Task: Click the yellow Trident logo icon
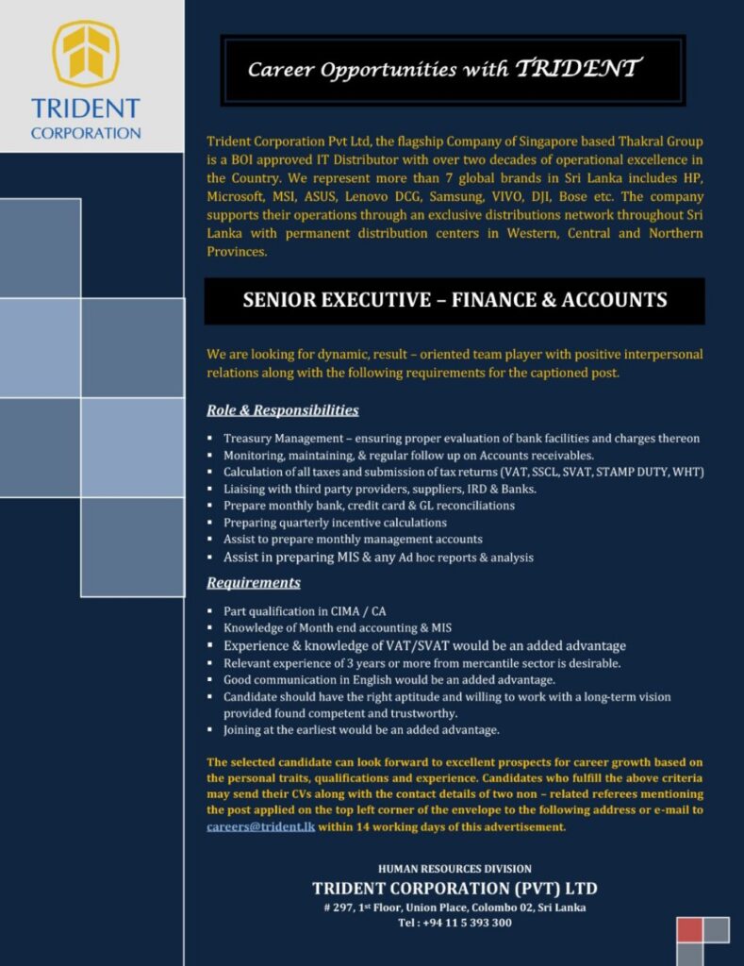[x=86, y=54]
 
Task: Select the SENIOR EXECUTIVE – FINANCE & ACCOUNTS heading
[x=455, y=300]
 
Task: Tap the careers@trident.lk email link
[x=259, y=826]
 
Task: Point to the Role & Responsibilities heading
[x=282, y=410]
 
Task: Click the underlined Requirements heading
[x=253, y=582]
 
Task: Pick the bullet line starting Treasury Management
[x=461, y=438]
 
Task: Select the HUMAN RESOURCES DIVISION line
[x=455, y=868]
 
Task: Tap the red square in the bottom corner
[x=690, y=929]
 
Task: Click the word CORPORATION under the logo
[x=86, y=133]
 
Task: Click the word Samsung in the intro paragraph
[x=452, y=197]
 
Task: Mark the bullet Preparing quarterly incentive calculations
[x=335, y=523]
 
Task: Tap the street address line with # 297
[x=455, y=907]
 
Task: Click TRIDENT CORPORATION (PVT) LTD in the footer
[x=455, y=888]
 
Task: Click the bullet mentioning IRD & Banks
[x=379, y=489]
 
